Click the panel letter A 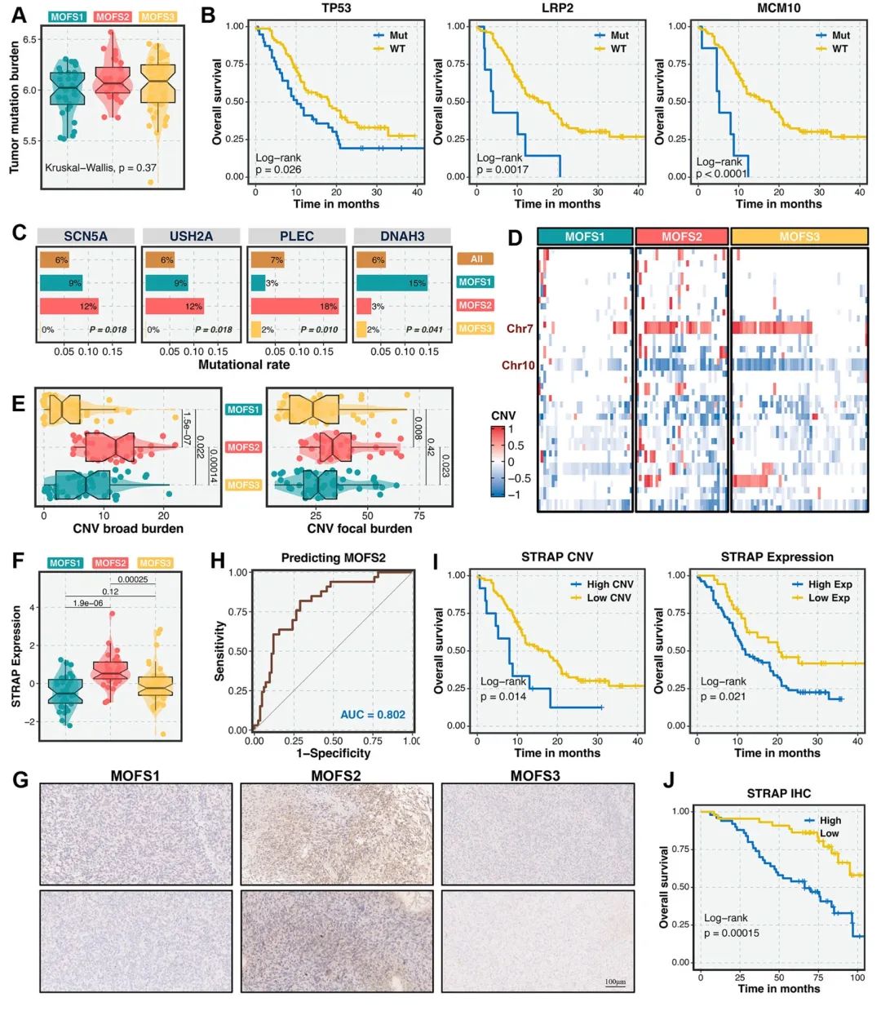click(x=18, y=15)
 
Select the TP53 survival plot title click(x=336, y=9)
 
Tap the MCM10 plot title click(x=777, y=9)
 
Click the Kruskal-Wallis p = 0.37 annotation click(x=100, y=168)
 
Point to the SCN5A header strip click(x=86, y=236)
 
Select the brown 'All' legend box click(x=476, y=259)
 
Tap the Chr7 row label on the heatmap click(x=520, y=329)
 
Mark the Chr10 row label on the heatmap click(x=517, y=365)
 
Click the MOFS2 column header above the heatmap click(x=681, y=237)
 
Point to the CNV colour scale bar click(x=498, y=462)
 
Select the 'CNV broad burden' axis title click(x=128, y=529)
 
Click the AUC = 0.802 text click(x=372, y=715)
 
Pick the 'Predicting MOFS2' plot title click(x=333, y=558)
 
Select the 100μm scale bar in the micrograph click(x=615, y=982)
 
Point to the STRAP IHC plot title click(x=778, y=793)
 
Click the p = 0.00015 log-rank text click(x=731, y=933)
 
